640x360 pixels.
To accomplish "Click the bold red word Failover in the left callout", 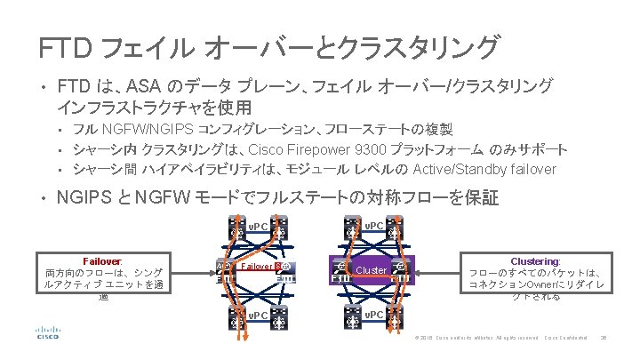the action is point(102,261).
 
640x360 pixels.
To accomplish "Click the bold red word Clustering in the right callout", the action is point(535,261).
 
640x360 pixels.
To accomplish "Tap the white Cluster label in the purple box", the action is point(371,269).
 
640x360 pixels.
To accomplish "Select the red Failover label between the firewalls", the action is point(258,265).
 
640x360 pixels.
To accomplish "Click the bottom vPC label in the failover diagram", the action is point(258,316).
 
